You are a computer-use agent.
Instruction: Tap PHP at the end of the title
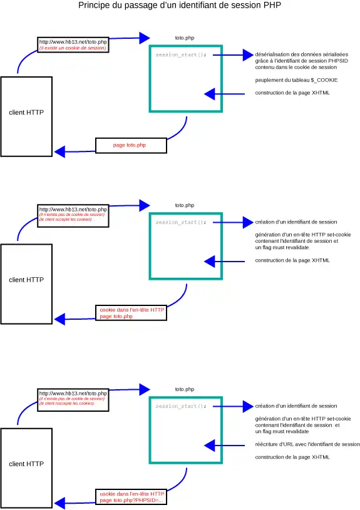coord(271,6)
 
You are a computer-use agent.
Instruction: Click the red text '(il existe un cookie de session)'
coord(73,48)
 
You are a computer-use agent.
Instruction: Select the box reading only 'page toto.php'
coord(131,145)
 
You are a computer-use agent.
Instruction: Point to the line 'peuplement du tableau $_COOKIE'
coord(292,80)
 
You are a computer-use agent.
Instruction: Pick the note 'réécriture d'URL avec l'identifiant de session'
coord(307,444)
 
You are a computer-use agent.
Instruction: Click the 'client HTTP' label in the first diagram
coord(26,113)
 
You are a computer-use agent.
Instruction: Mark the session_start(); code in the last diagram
coord(180,406)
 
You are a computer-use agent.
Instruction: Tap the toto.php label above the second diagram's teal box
coord(185,205)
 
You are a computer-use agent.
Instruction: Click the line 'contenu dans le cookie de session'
coord(296,67)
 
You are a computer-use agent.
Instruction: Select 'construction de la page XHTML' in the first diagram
coord(292,93)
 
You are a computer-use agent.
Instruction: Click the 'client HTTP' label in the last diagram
coord(26,464)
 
